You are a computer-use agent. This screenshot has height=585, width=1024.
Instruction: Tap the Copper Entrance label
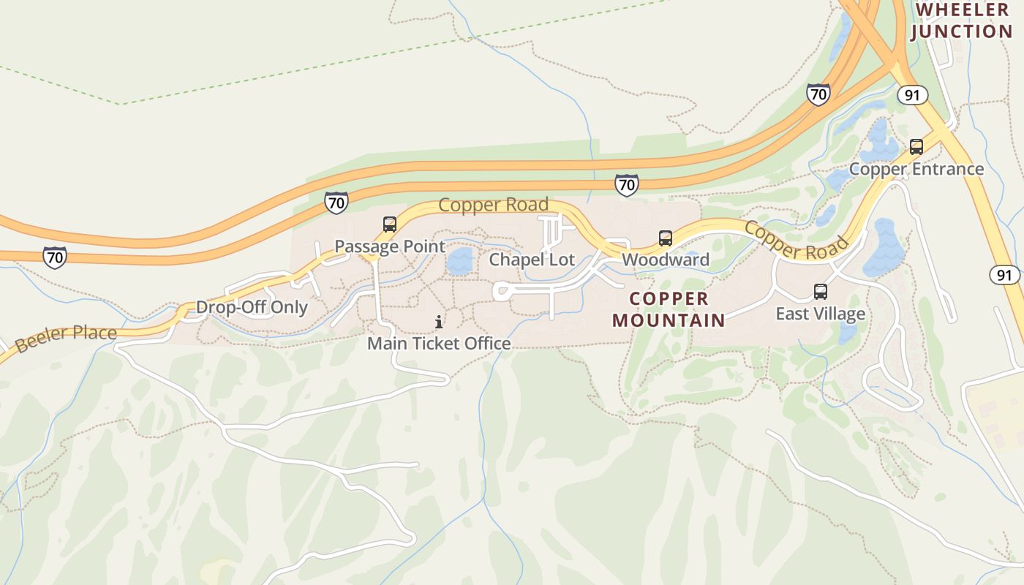pos(916,169)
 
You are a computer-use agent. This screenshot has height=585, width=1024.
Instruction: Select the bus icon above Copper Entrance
pos(916,146)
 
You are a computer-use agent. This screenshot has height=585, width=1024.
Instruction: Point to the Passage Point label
pos(389,246)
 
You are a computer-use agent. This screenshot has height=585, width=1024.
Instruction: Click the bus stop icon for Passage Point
pos(390,224)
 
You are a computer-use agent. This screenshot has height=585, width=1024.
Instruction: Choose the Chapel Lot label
pos(532,260)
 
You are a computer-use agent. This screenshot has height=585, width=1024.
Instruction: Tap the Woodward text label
pos(666,260)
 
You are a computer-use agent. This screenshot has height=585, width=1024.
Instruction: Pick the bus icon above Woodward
pos(666,238)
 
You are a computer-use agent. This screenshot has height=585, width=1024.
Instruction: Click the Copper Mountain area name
pos(669,309)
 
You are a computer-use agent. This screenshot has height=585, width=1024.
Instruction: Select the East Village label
pos(820,314)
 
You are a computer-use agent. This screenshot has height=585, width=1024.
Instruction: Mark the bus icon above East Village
pos(821,292)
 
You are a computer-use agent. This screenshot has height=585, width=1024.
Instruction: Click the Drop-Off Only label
pos(252,307)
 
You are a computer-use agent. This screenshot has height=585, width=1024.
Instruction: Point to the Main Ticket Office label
pos(439,343)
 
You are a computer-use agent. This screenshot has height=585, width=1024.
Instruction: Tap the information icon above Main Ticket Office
pos(439,322)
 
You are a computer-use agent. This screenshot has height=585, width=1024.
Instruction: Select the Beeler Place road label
pos(66,338)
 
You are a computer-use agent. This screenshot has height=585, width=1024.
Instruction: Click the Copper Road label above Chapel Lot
pos(493,205)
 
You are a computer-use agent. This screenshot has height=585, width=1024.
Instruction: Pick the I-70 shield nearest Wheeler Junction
pos(818,94)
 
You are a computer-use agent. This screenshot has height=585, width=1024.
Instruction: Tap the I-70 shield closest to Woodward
pos(626,185)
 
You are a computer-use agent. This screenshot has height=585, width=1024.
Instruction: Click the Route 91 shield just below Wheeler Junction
pos(912,95)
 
